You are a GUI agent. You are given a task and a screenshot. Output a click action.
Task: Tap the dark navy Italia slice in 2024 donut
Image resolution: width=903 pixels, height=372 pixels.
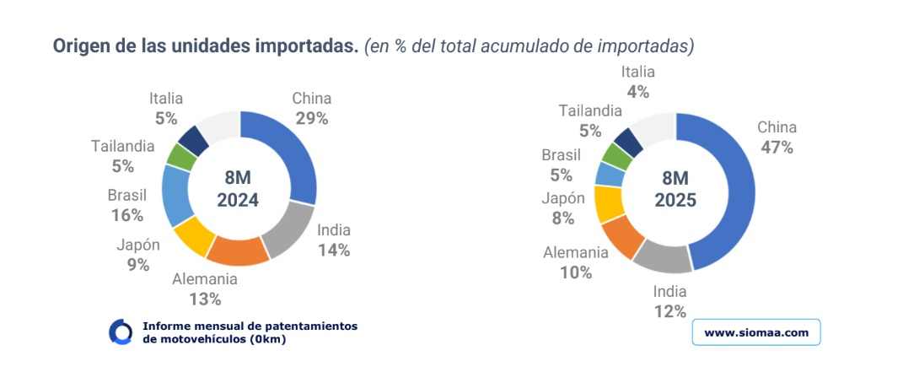pyautogui.click(x=193, y=140)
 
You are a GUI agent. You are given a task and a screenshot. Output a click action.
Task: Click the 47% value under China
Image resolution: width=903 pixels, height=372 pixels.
pyautogui.click(x=777, y=148)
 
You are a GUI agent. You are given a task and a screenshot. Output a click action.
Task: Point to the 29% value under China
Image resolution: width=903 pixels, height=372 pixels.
pyautogui.click(x=311, y=118)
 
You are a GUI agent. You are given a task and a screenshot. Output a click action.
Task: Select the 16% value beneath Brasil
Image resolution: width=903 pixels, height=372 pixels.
pyautogui.click(x=126, y=215)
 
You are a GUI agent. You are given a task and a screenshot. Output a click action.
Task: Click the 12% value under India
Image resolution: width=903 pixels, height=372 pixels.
pyautogui.click(x=670, y=312)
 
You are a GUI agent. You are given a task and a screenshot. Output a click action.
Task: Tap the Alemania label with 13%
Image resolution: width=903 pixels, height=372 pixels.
pyautogui.click(x=205, y=279)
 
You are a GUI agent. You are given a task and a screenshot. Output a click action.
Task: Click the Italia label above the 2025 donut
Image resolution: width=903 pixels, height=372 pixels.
pyautogui.click(x=637, y=73)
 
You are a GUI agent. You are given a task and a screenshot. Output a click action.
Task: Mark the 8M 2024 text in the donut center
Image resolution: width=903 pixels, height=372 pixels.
pyautogui.click(x=237, y=189)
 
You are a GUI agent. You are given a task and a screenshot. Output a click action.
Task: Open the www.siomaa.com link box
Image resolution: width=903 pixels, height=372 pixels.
pyautogui.click(x=755, y=332)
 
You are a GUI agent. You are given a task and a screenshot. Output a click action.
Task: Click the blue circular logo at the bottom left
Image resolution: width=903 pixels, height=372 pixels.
pyautogui.click(x=121, y=332)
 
